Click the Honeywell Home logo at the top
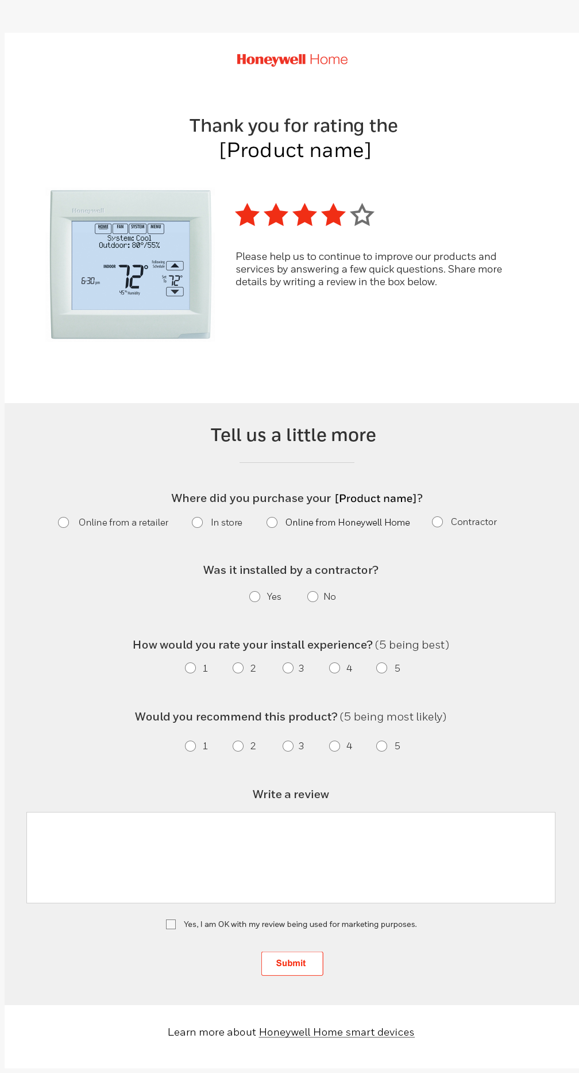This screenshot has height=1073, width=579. [x=292, y=60]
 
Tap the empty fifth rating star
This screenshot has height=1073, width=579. [x=362, y=215]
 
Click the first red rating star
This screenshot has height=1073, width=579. [x=248, y=215]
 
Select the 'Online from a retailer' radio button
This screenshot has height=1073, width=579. [x=64, y=522]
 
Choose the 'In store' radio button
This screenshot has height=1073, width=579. [x=198, y=522]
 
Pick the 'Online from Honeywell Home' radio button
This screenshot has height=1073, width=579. [x=272, y=522]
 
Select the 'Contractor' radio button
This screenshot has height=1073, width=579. [x=438, y=522]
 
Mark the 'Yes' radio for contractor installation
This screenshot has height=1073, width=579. [x=255, y=597]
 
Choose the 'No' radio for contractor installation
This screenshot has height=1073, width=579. [x=313, y=597]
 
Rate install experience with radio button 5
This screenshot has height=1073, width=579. [x=382, y=668]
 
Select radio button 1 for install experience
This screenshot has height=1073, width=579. [x=191, y=668]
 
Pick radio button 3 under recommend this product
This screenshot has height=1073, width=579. [x=288, y=746]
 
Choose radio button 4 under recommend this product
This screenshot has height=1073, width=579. [x=335, y=746]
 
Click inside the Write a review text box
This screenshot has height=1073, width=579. [x=291, y=857]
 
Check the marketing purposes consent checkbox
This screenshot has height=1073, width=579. [x=171, y=925]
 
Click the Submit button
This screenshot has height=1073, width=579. [x=292, y=963]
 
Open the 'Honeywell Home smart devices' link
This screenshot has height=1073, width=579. [x=337, y=1032]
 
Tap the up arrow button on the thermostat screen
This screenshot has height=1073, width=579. [x=175, y=266]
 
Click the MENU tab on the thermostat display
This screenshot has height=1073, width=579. [x=156, y=228]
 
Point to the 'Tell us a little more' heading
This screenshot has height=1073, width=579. [x=293, y=435]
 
